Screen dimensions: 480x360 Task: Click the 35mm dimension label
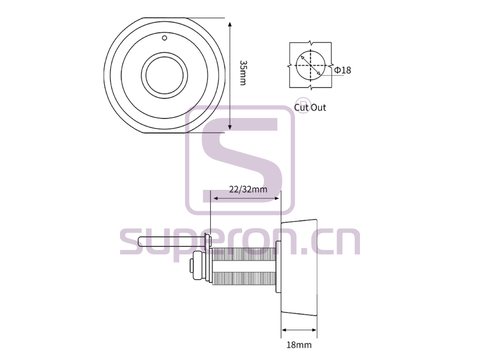click(x=243, y=73)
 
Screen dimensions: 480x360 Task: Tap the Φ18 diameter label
click(x=342, y=70)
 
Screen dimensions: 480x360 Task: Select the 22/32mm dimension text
click(x=248, y=189)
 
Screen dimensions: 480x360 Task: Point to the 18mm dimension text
click(x=299, y=345)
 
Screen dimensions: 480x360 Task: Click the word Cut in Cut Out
click(x=301, y=107)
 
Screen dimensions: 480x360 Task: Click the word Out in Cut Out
click(x=319, y=107)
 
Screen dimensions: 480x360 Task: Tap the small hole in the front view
click(x=164, y=38)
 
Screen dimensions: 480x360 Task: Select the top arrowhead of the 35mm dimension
click(x=230, y=25)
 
